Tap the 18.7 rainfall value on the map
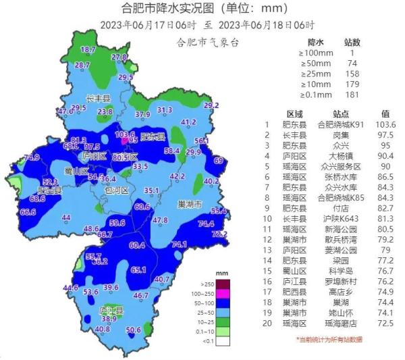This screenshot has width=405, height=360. (x=88, y=50)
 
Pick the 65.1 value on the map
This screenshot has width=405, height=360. (x=138, y=269)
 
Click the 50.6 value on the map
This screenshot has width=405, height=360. (x=134, y=330)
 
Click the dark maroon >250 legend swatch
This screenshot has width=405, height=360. (x=207, y=284)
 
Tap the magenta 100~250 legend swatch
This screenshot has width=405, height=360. (x=207, y=294)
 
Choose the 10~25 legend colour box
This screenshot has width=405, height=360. (x=207, y=323)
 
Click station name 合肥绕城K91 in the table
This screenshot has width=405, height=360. (x=341, y=124)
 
